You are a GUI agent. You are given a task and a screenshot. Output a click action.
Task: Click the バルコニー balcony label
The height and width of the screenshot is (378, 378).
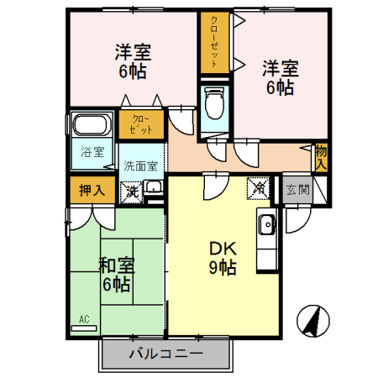click(165, 354)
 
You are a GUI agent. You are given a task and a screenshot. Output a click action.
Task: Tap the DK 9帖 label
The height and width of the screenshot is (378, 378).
click(223, 257)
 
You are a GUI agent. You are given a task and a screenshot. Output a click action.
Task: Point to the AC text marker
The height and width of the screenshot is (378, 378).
click(84, 318)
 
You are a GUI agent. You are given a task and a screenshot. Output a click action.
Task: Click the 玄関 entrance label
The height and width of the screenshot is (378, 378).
click(297, 189)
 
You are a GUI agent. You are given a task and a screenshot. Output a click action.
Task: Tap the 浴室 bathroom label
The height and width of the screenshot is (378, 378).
click(92, 152)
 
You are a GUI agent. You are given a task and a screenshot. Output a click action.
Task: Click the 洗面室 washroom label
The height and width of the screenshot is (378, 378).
click(141, 165)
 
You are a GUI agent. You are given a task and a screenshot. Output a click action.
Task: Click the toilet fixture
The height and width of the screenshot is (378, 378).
click(215, 104)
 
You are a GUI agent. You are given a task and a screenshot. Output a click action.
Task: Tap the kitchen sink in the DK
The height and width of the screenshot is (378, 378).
click(266, 224)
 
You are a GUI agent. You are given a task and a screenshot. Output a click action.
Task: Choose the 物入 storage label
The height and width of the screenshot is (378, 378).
click(321, 156)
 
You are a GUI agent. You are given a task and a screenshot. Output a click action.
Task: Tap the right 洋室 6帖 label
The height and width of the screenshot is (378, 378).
click(277, 76)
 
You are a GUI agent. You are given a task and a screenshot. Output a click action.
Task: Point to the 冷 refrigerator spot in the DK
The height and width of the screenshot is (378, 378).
click(259, 189)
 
